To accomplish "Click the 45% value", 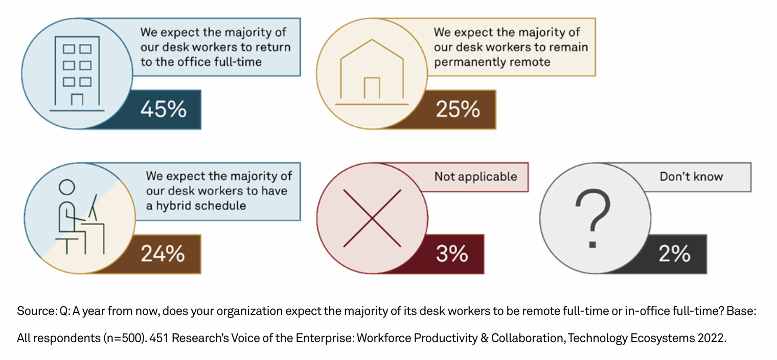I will click(x=163, y=109).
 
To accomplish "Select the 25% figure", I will click(x=458, y=109).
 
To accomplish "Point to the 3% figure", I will click(x=452, y=254).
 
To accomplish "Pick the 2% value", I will click(x=674, y=254).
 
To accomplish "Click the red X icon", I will click(x=372, y=217).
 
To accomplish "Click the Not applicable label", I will click(x=475, y=177).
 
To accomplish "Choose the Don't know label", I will click(x=691, y=177).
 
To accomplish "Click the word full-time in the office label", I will click(x=237, y=62).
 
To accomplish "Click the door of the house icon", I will click(x=372, y=88).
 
